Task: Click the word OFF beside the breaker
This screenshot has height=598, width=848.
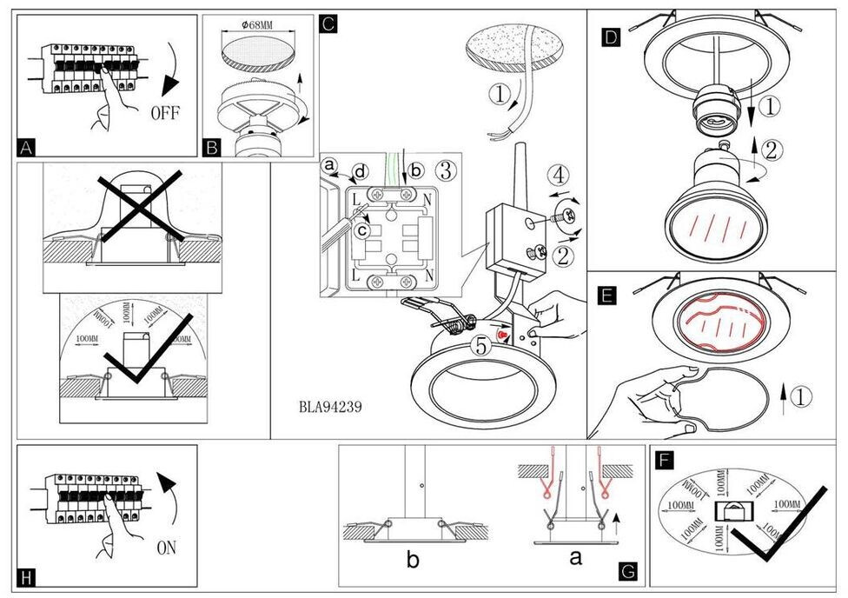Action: point(166,112)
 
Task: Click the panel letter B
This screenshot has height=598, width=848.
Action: point(212,147)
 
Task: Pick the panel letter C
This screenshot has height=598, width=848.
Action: point(328,23)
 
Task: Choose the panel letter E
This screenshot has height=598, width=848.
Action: point(608,296)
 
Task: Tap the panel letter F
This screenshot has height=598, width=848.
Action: point(665,458)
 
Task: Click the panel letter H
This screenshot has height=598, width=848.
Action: point(28,577)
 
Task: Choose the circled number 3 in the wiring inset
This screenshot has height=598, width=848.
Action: point(444,169)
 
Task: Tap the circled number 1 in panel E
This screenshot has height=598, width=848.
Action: point(801,397)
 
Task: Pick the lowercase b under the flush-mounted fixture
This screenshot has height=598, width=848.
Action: point(413,561)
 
